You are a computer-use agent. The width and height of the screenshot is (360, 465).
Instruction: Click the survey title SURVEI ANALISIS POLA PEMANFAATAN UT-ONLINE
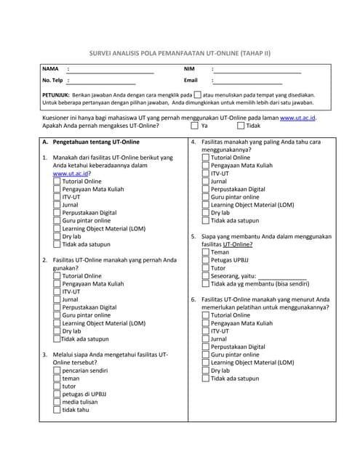pos(179,53)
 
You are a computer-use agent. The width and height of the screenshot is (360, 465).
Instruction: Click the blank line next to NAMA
pos(111,71)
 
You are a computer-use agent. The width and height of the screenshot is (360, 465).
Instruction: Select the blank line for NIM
pos(257,71)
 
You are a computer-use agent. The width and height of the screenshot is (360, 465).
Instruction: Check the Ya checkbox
pos(194,126)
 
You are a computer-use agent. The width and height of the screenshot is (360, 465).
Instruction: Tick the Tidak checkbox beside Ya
pos(239,126)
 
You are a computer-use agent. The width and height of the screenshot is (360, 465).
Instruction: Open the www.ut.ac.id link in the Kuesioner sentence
pos(297,117)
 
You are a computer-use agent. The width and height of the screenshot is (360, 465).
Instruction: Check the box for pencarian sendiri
pos(57,371)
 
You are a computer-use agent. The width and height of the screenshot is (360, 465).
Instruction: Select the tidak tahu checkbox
pos(57,410)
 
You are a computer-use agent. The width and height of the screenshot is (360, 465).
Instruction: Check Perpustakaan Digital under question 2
pos(57,307)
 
